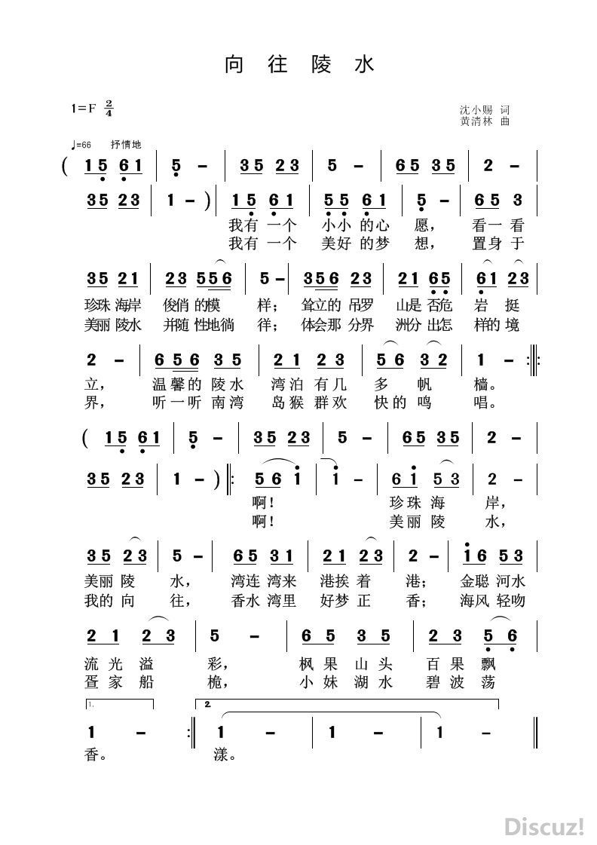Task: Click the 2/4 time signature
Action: tap(109, 108)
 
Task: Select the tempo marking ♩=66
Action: tap(79, 145)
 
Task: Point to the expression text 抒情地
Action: tap(125, 145)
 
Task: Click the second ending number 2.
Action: tap(208, 705)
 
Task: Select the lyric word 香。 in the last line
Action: tap(95, 754)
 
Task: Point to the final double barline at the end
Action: tap(534, 732)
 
